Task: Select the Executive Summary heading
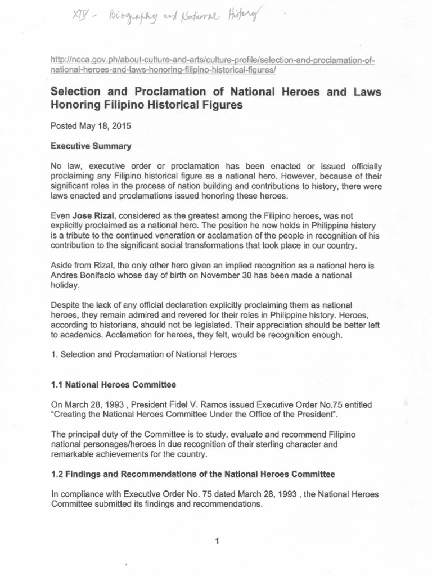[x=91, y=146]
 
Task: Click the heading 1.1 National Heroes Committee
[x=114, y=385]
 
